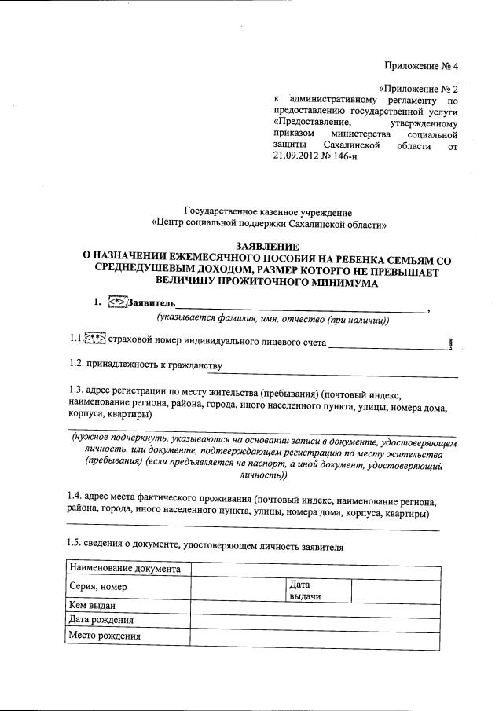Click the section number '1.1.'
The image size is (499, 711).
click(x=75, y=339)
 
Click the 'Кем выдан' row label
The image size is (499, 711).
click(x=93, y=606)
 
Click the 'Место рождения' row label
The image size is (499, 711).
click(x=105, y=636)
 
